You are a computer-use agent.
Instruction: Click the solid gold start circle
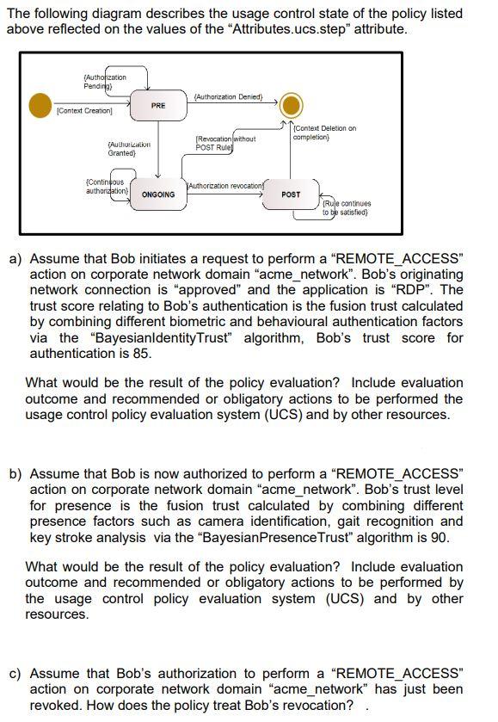point(40,105)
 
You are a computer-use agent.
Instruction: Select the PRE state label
point(158,106)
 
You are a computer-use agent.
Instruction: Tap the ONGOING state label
point(158,194)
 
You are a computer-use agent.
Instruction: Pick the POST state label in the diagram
point(292,194)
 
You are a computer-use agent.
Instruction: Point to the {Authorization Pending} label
point(105,82)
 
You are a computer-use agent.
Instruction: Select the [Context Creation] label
point(84,112)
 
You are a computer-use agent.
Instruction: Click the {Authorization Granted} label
point(121,149)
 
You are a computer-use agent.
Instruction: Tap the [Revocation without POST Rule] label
point(225,143)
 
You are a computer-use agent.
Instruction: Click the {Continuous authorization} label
point(105,186)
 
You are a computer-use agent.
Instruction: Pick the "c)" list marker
point(15,673)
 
